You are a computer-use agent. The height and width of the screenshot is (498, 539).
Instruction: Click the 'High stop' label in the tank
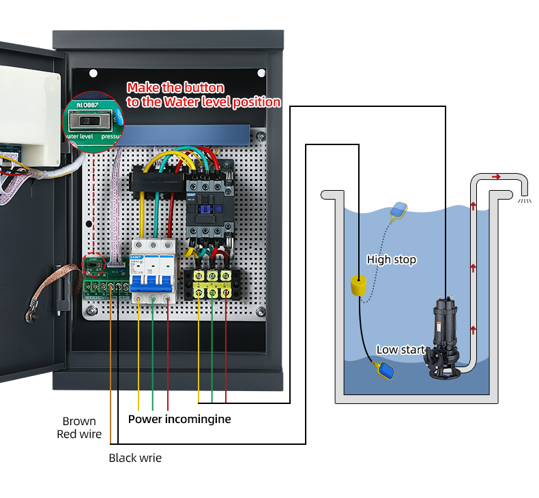pyautogui.click(x=391, y=260)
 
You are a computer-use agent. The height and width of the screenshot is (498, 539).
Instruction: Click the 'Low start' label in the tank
pyautogui.click(x=400, y=349)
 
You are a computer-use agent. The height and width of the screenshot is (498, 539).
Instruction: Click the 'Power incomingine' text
pyautogui.click(x=179, y=419)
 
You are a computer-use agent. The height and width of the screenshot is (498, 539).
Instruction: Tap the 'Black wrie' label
pyautogui.click(x=135, y=458)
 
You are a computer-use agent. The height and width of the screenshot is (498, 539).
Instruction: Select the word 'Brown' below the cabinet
pyautogui.click(x=79, y=421)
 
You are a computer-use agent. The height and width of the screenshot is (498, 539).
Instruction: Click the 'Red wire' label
pyautogui.click(x=79, y=434)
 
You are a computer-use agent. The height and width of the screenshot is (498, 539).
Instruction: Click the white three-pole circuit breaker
pyautogui.click(x=153, y=271)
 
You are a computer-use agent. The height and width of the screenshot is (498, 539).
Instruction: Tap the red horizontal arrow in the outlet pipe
pyautogui.click(x=496, y=176)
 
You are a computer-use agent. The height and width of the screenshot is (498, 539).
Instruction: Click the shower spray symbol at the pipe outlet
pyautogui.click(x=525, y=201)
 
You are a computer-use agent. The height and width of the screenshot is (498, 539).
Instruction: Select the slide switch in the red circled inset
pyautogui.click(x=88, y=121)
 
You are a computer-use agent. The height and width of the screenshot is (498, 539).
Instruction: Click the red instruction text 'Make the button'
pyautogui.click(x=175, y=88)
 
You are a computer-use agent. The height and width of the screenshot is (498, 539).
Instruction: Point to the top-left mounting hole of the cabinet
pyautogui.click(x=93, y=73)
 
